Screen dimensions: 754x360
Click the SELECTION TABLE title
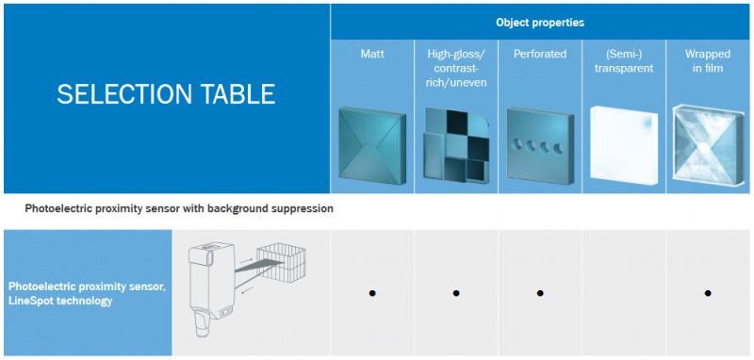click(166, 94)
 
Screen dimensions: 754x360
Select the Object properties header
click(540, 23)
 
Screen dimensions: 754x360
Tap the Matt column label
click(372, 54)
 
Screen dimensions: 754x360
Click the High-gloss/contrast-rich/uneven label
click(456, 68)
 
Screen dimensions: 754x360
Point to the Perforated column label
click(540, 54)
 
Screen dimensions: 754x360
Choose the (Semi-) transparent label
click(624, 61)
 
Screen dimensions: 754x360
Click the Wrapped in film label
click(708, 61)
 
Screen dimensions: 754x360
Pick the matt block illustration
click(372, 142)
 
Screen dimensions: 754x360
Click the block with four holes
click(540, 145)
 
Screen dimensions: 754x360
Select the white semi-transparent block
click(624, 145)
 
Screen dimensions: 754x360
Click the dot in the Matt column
click(371, 293)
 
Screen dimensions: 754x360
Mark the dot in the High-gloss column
click(456, 293)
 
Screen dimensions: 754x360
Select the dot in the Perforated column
click(540, 293)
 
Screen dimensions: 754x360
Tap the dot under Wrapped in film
click(708, 293)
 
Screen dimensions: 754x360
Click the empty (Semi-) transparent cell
click(624, 293)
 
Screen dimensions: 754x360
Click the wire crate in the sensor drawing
click(281, 262)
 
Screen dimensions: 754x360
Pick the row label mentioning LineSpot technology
click(88, 294)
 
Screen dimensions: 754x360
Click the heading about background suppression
click(179, 209)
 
